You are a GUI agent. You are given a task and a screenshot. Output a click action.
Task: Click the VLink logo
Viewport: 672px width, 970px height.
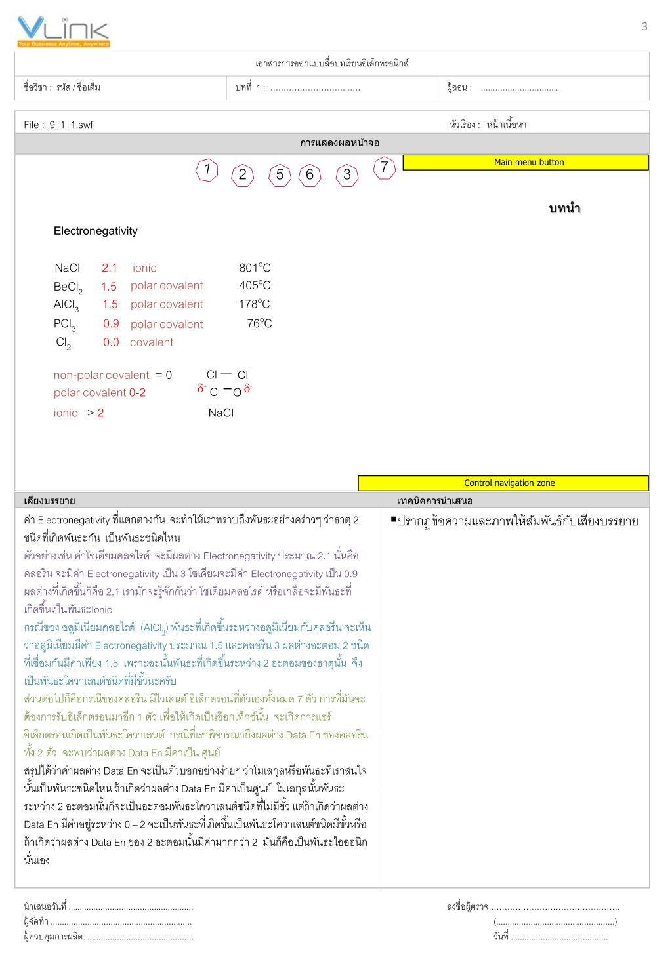click(63, 31)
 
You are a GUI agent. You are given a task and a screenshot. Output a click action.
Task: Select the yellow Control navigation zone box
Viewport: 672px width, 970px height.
click(503, 483)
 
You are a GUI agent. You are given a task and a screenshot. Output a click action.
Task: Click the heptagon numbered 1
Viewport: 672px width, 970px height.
click(207, 170)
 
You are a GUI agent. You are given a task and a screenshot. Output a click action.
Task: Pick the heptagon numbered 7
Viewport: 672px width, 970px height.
click(384, 168)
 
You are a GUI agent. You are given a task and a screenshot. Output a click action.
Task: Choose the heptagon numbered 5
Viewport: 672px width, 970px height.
click(280, 175)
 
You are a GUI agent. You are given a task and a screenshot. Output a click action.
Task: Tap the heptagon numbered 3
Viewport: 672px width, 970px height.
click(347, 175)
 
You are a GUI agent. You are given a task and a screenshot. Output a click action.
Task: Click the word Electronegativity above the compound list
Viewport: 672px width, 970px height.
click(96, 231)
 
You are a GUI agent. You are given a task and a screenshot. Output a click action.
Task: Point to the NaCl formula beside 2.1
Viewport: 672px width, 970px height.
click(67, 268)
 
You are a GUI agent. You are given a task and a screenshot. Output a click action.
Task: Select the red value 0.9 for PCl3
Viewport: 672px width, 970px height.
click(111, 323)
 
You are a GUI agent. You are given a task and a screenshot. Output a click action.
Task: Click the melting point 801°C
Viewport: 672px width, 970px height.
click(255, 268)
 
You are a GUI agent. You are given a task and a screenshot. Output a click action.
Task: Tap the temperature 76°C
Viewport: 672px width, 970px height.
click(259, 323)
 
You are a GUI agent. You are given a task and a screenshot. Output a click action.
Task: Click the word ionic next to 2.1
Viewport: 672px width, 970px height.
click(144, 268)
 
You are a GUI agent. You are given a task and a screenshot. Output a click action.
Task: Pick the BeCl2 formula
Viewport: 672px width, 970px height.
click(68, 287)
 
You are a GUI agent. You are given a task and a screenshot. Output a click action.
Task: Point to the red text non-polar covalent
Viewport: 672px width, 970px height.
click(101, 375)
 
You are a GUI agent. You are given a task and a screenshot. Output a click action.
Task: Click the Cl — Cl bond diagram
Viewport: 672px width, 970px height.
click(226, 374)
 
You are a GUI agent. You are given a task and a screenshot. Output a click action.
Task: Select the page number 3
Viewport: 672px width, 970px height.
click(644, 26)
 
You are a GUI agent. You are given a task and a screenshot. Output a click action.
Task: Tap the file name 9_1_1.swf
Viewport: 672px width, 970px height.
click(71, 125)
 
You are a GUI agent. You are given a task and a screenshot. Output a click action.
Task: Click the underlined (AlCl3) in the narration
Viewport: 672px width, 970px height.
click(154, 628)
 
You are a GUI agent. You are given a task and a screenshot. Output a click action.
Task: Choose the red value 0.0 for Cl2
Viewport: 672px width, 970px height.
click(111, 342)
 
